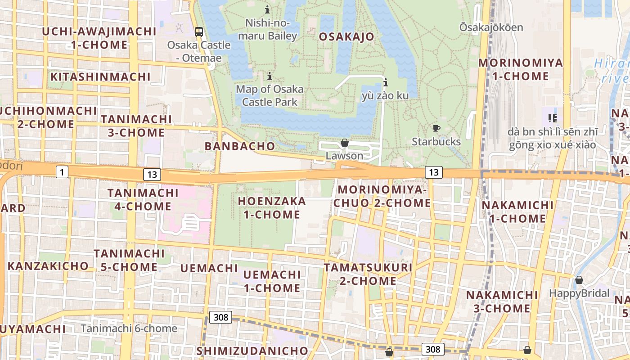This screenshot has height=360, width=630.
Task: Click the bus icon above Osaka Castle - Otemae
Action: pyautogui.click(x=198, y=32)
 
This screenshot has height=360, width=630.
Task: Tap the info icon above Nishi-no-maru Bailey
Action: pyautogui.click(x=268, y=9)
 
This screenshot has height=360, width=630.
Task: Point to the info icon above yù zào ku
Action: pyautogui.click(x=385, y=82)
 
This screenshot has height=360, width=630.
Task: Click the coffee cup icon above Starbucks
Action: pyautogui.click(x=436, y=128)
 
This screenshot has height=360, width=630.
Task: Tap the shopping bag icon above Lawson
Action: pyautogui.click(x=344, y=143)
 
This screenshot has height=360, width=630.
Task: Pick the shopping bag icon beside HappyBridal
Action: pyautogui.click(x=579, y=280)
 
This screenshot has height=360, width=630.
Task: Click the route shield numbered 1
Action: pyautogui.click(x=62, y=171)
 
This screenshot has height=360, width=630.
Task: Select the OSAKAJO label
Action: pyautogui.click(x=346, y=37)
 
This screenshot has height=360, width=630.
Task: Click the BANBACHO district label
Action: pyautogui.click(x=239, y=146)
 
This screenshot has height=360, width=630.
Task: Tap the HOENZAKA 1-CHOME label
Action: pyautogui.click(x=272, y=208)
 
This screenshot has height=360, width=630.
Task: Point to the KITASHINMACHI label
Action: pyautogui.click(x=100, y=77)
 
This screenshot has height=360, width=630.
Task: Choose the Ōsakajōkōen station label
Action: pyautogui.click(x=491, y=27)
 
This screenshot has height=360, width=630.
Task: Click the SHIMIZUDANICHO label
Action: pyautogui.click(x=252, y=351)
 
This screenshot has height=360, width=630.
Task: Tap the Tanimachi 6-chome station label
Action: pyautogui.click(x=129, y=328)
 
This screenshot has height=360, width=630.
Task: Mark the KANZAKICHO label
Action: pyautogui.click(x=48, y=266)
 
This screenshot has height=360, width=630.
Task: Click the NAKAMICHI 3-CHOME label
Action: pyautogui.click(x=502, y=302)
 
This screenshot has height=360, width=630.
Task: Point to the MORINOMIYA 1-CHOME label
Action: pyautogui.click(x=520, y=69)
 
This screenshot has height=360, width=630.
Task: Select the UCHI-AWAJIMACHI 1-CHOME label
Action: pyautogui.click(x=99, y=38)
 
